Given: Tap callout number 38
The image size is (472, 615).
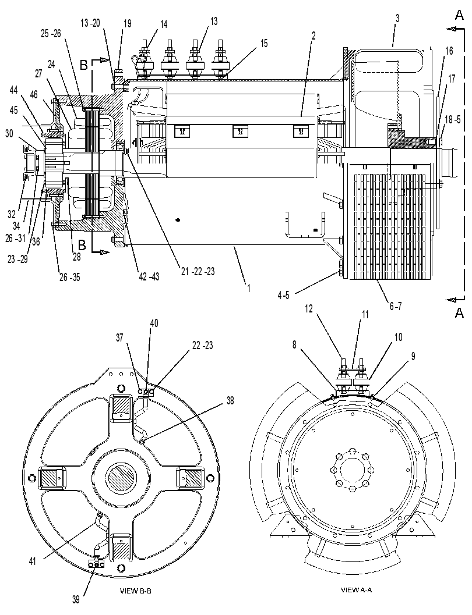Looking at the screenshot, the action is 230,400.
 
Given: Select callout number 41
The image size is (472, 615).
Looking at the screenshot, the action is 32,561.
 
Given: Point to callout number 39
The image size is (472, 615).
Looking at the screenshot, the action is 76,599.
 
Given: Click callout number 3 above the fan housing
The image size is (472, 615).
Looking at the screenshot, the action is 397,17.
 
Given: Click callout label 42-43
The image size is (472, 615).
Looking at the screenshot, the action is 149,276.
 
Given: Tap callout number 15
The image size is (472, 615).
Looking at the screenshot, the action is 264,43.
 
